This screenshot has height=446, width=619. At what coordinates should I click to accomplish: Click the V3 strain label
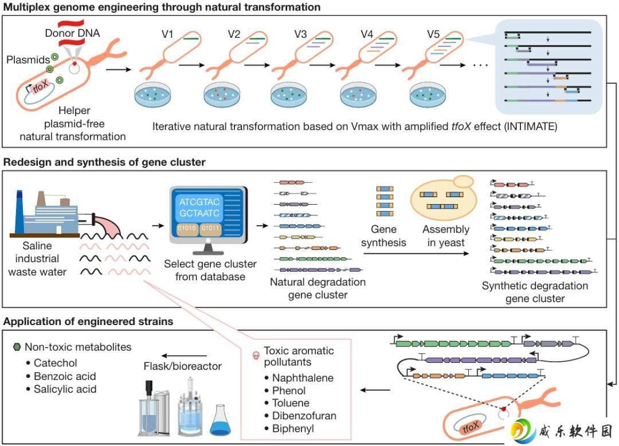point(300,34)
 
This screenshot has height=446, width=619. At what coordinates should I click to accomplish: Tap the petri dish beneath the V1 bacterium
point(153,95)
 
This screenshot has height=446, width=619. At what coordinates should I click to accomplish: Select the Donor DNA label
point(72,33)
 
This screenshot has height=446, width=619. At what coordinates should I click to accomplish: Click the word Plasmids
point(28,60)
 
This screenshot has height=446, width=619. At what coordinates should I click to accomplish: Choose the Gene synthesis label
point(383,236)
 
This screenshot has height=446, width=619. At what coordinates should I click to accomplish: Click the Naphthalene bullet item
point(299,378)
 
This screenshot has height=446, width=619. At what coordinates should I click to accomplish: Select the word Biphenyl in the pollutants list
point(293,428)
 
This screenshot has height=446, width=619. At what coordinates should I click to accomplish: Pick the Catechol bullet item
point(52,363)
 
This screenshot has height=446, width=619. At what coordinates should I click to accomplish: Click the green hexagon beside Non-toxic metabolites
point(17,347)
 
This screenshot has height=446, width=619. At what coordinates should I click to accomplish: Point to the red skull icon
point(256,355)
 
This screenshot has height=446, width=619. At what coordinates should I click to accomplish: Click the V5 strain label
point(433,34)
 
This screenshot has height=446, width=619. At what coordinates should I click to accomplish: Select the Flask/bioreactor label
point(182,366)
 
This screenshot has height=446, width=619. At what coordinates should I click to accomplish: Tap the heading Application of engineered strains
point(88,321)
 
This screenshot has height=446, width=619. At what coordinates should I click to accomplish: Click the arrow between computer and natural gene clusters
point(263,226)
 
